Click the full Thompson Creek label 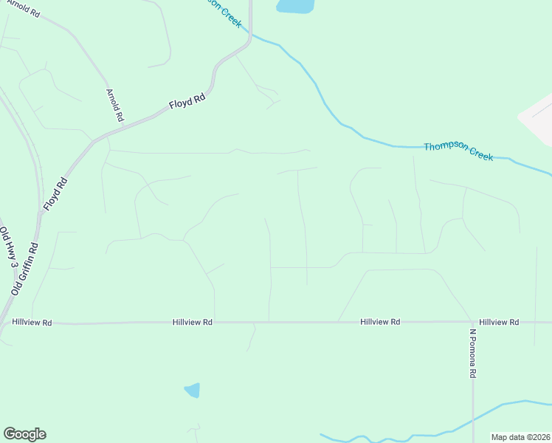[x=458, y=151]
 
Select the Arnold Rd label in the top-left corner [x=20, y=10]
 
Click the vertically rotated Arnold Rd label [x=114, y=105]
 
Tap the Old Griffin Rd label [x=24, y=269]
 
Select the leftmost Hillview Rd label [x=32, y=323]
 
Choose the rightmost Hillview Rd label [x=499, y=323]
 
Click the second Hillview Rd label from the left [x=193, y=323]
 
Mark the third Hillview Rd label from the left [x=380, y=323]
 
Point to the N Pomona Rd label [x=473, y=353]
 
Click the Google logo [x=24, y=434]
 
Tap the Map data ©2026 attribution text [x=521, y=437]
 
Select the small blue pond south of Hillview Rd [x=192, y=390]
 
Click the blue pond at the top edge [x=294, y=6]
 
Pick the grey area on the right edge [x=539, y=118]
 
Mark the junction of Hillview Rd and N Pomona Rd [x=473, y=323]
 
